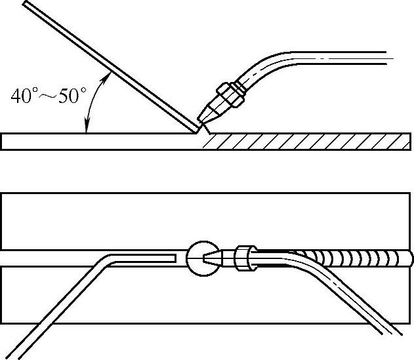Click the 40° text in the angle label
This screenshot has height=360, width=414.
tap(24, 96)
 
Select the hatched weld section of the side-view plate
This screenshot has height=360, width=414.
tap(302, 142)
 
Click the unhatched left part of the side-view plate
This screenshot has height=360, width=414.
tap(98, 142)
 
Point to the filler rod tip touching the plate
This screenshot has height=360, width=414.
tap(194, 130)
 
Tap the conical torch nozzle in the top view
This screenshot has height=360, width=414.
tap(215, 258)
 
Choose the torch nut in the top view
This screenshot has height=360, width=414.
tap(244, 258)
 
